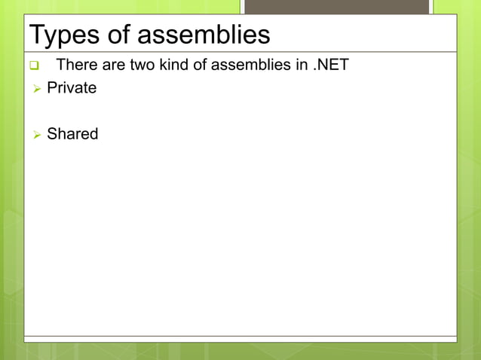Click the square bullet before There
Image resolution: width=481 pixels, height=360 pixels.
pos(34,66)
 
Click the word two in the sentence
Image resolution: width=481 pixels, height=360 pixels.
pos(142,65)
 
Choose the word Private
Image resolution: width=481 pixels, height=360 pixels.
pos(72,88)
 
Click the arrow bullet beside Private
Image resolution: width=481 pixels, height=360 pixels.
pos(35,89)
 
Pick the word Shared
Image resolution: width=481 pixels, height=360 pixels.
pos(72,134)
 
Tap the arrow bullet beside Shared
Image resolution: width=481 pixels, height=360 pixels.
pos(35,135)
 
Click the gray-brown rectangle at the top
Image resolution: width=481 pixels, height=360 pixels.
pos(336,7)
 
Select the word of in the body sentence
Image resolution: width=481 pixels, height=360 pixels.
pos(199,65)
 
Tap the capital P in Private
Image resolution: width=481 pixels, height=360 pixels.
pos(51,88)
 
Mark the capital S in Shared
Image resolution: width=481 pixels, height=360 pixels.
pos(51,134)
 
